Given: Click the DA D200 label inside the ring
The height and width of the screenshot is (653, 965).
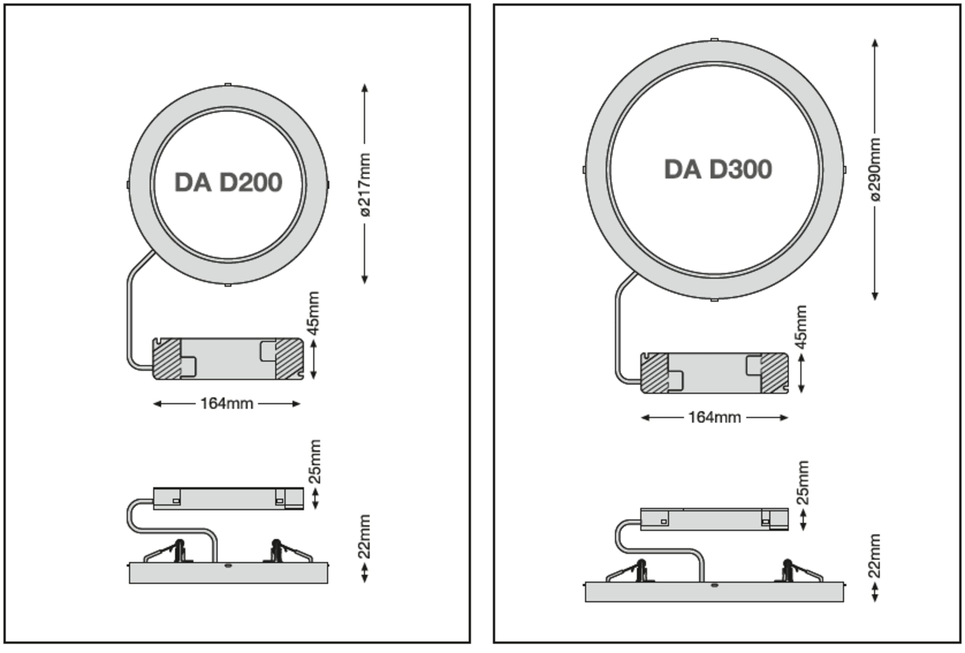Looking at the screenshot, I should pyautogui.click(x=228, y=182).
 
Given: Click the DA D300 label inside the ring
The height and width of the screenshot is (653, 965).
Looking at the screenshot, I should pyautogui.click(x=718, y=170).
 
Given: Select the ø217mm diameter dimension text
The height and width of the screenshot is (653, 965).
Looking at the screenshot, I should pyautogui.click(x=364, y=185).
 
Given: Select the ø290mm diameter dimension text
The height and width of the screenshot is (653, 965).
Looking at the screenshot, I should pyautogui.click(x=875, y=170).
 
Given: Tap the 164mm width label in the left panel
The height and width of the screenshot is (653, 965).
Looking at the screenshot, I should pyautogui.click(x=227, y=403).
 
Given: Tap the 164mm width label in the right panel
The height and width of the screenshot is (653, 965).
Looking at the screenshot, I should pyautogui.click(x=715, y=417).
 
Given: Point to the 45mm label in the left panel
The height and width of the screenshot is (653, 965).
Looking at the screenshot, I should pyautogui.click(x=314, y=313).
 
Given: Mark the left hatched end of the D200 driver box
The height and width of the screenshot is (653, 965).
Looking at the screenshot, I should pyautogui.click(x=167, y=359).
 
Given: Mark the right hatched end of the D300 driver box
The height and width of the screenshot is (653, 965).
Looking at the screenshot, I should pyautogui.click(x=774, y=373).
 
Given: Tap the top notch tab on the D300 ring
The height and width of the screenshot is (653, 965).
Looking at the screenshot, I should pyautogui.click(x=714, y=40).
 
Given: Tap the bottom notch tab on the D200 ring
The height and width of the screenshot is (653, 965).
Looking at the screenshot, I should pyautogui.click(x=227, y=285).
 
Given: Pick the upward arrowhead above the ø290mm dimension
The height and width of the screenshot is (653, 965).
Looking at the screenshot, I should pyautogui.click(x=875, y=43).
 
